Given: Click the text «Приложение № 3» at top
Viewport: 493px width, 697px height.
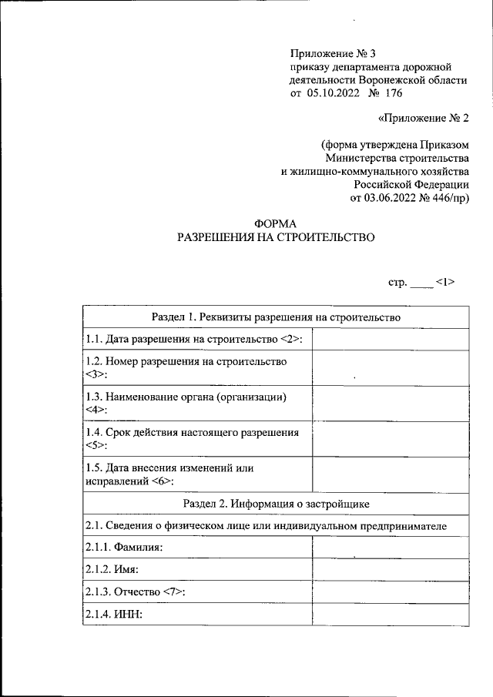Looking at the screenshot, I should (331, 53).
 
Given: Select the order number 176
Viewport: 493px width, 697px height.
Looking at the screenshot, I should (392, 93).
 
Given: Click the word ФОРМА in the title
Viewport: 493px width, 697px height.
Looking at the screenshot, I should (276, 224).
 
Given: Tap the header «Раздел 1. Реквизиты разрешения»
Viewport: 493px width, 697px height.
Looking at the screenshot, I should (276, 317).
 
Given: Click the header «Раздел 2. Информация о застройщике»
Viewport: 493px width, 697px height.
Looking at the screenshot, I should (276, 504).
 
